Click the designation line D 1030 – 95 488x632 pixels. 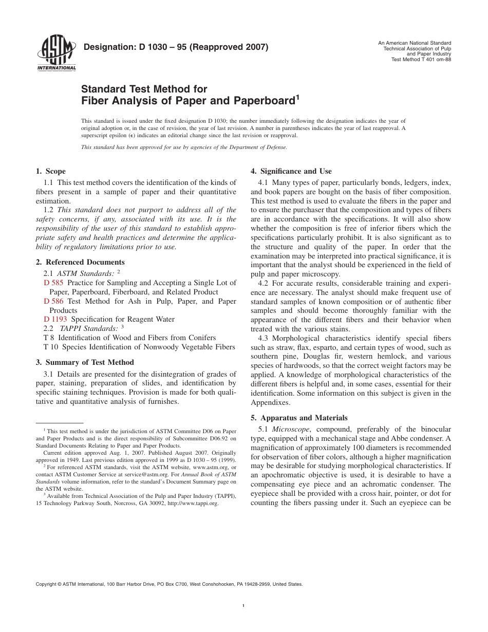pyautogui.click(x=176, y=48)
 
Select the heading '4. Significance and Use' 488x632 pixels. pyautogui.click(x=291, y=172)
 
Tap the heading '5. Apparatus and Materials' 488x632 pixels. pyautogui.click(x=299, y=418)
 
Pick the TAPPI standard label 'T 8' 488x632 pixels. pyautogui.click(x=49, y=338)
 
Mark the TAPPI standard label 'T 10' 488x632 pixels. pyautogui.click(x=51, y=347)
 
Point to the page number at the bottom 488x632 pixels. pyautogui.click(x=244, y=607)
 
